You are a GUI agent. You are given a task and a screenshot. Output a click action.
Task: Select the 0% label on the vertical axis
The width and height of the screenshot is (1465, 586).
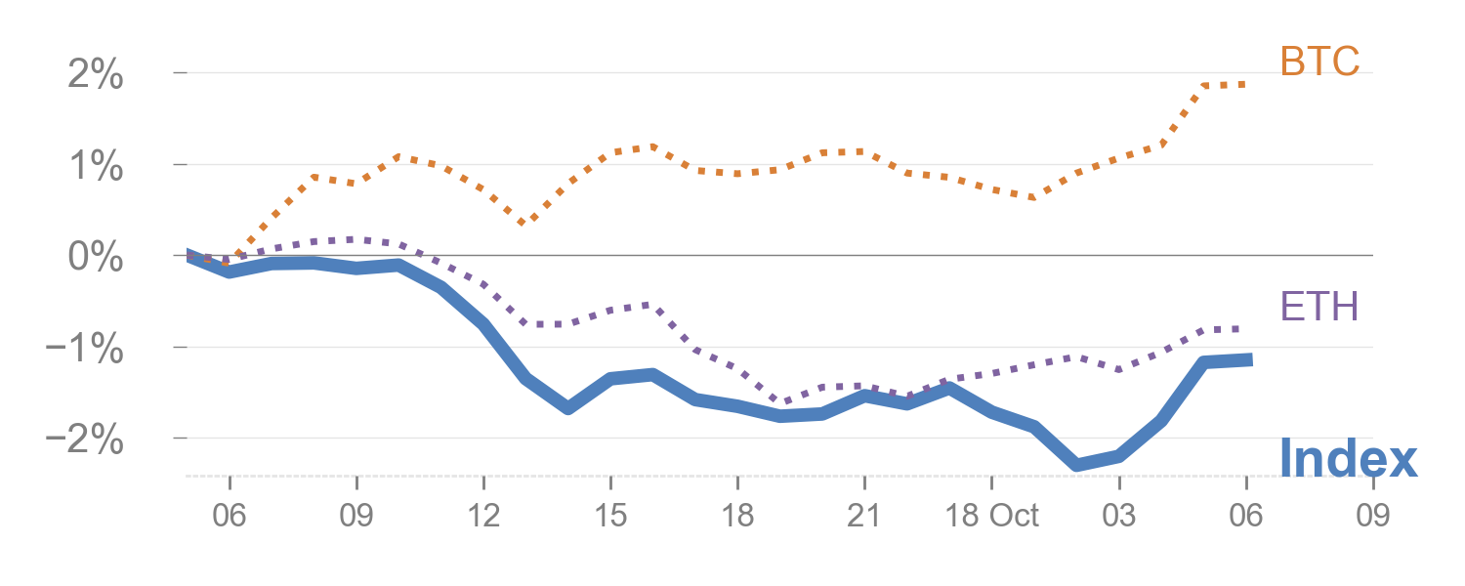click(x=95, y=258)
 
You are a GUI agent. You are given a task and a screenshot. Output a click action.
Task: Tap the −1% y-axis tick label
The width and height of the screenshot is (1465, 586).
click(x=85, y=350)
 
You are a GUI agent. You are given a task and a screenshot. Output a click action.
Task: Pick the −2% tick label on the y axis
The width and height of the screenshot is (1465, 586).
click(x=85, y=441)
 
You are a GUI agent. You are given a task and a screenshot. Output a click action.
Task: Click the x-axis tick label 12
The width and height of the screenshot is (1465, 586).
click(x=483, y=517)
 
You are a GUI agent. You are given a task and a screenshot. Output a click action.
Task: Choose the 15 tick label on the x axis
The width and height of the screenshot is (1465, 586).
click(x=610, y=517)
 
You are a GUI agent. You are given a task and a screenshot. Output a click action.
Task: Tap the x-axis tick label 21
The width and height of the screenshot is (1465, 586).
click(x=864, y=517)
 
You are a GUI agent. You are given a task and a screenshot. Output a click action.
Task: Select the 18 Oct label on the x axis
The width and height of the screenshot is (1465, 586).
click(x=994, y=517)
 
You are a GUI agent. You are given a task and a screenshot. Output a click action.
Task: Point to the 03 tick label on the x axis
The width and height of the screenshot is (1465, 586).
click(x=1119, y=517)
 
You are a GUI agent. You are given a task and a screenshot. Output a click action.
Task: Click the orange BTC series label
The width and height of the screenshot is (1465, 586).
click(x=1319, y=63)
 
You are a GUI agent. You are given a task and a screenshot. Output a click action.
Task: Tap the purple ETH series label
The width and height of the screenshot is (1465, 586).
click(x=1319, y=307)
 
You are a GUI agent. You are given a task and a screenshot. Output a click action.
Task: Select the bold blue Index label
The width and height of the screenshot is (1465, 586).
click(x=1347, y=458)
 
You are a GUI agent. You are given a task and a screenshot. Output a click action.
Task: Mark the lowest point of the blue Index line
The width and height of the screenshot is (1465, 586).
click(x=1077, y=465)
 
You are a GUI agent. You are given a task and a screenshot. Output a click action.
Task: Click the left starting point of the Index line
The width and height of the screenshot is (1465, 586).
click(x=188, y=255)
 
